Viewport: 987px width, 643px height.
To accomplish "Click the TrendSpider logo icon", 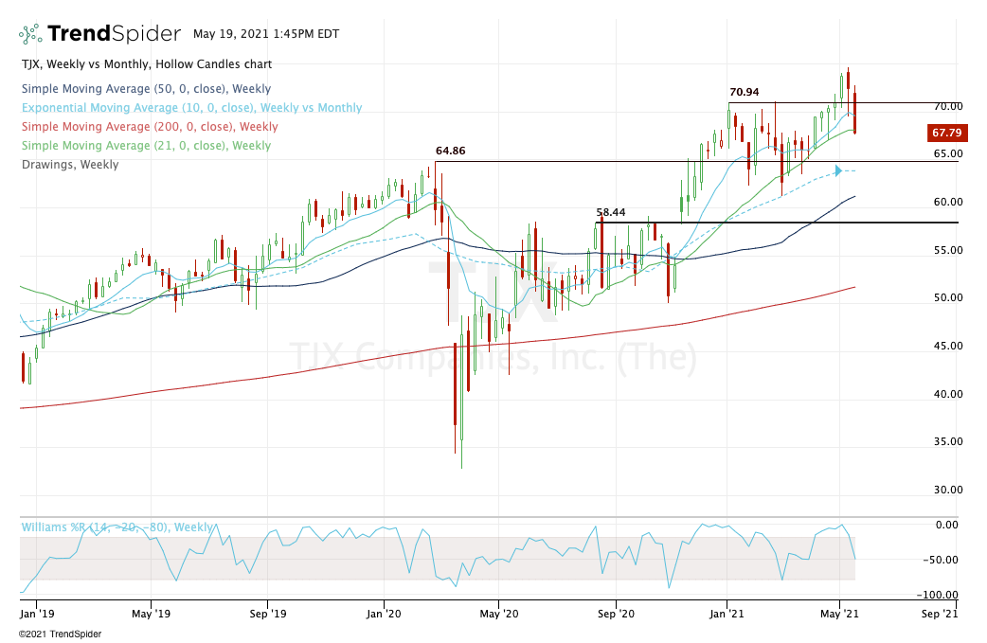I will coord(30,35).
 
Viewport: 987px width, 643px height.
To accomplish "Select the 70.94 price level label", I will coord(744,92).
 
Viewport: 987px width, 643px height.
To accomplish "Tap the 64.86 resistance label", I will coord(450,151).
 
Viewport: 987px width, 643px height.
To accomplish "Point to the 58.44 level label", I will coord(611,212).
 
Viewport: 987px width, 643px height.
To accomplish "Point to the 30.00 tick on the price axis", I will coord(947,490).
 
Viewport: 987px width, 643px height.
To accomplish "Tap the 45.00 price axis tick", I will coord(947,346).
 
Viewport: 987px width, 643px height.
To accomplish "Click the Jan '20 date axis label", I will coord(384,613).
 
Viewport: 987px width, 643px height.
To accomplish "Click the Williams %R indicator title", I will coord(117,527).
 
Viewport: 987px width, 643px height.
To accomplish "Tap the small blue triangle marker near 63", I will coord(837,171).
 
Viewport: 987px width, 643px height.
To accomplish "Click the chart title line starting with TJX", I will coord(146,64).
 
